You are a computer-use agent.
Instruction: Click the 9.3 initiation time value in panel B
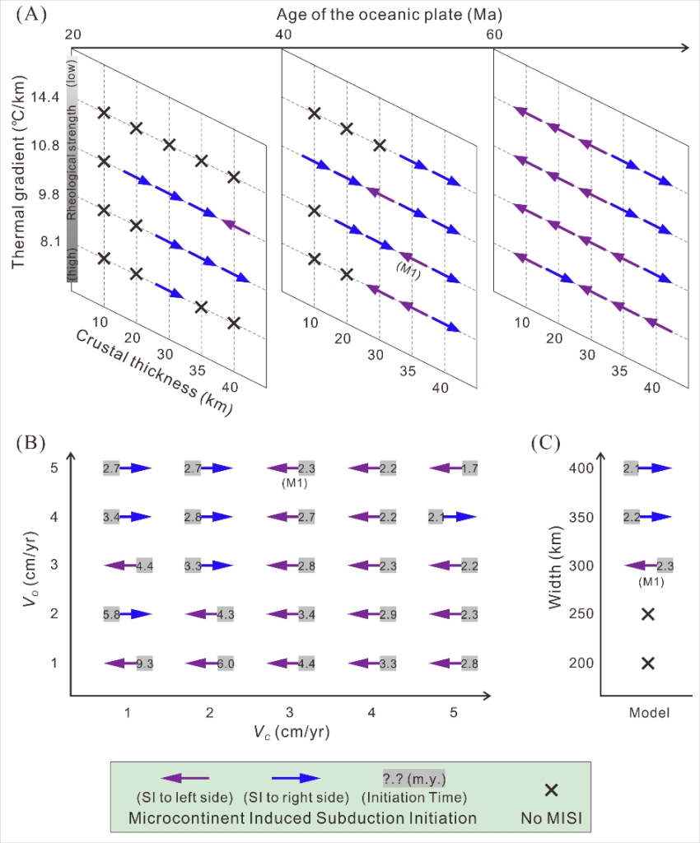[145, 663]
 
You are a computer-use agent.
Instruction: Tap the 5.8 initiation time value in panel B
[112, 614]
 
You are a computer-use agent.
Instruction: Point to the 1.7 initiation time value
[469, 468]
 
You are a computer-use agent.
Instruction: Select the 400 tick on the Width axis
[581, 468]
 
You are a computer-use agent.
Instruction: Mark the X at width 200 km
[648, 663]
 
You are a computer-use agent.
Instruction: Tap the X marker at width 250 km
[648, 614]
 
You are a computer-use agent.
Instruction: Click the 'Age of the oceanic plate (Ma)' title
[390, 15]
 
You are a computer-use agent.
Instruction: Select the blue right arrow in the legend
[297, 777]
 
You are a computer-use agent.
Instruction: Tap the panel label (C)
[544, 442]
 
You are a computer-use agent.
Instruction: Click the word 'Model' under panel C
[648, 713]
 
